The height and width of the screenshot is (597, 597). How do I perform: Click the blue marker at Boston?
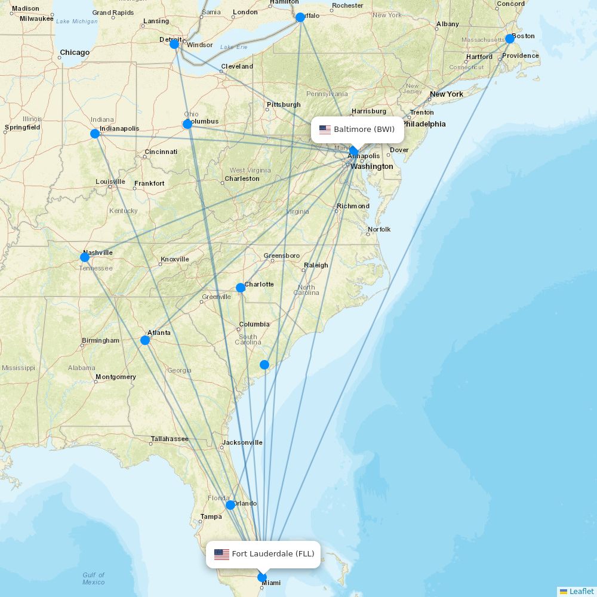click(510, 39)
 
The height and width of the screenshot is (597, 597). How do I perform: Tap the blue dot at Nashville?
click(85, 257)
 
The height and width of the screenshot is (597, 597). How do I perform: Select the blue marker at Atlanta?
click(145, 340)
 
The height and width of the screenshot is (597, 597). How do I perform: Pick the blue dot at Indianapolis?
click(95, 134)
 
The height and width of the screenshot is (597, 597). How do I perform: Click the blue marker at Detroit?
click(174, 44)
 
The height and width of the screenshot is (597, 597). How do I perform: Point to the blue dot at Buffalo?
click(300, 17)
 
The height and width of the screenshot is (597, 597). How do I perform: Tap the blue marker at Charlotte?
click(241, 288)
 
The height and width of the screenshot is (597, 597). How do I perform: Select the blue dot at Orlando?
click(230, 505)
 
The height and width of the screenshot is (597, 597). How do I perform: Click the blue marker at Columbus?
click(187, 124)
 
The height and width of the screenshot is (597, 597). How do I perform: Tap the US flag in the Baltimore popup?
click(325, 130)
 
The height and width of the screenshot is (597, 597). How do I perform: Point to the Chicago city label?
click(75, 53)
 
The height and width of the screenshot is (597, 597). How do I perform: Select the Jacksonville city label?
click(242, 442)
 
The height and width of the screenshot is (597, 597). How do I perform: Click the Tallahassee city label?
click(170, 439)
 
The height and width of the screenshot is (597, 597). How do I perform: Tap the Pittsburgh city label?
click(284, 104)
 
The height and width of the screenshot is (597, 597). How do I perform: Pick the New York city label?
click(447, 94)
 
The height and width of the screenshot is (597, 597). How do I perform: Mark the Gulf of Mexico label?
click(94, 578)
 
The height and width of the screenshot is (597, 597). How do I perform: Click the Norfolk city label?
click(379, 229)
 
